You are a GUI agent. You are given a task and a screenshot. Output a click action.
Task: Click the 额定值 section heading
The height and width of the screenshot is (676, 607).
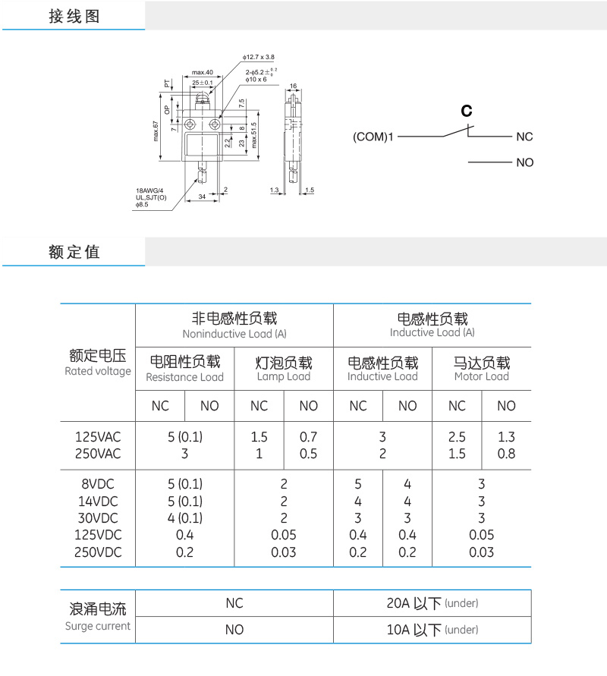click(x=74, y=252)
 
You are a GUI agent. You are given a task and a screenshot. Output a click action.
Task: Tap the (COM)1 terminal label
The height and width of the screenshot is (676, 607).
click(x=373, y=137)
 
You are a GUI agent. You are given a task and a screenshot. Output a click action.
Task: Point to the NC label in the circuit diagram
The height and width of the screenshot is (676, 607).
click(x=524, y=137)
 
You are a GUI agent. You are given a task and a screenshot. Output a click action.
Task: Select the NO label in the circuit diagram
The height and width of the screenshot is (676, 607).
click(x=524, y=162)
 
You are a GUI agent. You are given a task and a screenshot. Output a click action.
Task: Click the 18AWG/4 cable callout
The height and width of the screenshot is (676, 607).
click(x=149, y=190)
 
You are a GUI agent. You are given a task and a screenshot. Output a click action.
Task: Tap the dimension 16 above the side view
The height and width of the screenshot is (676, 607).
click(x=293, y=86)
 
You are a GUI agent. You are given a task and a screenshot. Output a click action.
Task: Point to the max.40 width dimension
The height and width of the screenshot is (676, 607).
click(x=202, y=72)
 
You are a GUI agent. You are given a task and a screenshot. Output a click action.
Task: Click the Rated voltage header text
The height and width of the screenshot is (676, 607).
click(x=98, y=371)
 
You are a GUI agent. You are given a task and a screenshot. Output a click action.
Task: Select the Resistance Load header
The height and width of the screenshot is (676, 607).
click(x=184, y=376)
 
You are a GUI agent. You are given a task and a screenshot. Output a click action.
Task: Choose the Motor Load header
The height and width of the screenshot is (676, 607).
click(x=481, y=376)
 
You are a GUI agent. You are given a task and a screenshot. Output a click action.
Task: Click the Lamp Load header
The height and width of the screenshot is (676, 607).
click(x=284, y=376)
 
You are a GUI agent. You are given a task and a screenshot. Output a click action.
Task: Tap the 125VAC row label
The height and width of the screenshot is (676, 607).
click(x=98, y=437)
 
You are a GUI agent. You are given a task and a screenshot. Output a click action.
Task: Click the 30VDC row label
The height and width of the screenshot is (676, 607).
click(x=98, y=518)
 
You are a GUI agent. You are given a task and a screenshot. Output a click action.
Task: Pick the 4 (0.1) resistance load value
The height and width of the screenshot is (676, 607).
click(x=184, y=518)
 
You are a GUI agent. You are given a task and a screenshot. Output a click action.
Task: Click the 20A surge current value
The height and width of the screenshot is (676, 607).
click(x=432, y=604)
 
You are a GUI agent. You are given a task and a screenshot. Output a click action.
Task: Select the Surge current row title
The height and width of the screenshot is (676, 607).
click(x=98, y=626)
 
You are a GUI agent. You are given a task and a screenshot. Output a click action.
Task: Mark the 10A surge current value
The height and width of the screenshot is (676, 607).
click(x=432, y=630)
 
